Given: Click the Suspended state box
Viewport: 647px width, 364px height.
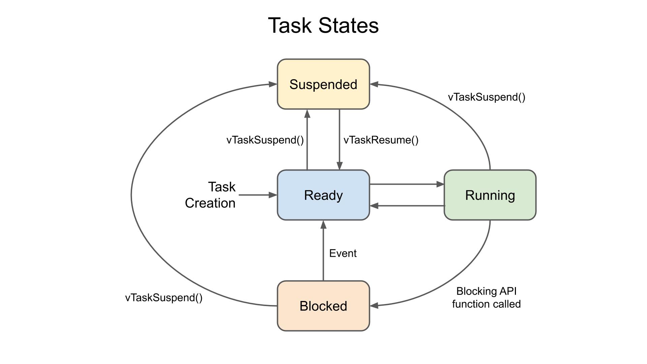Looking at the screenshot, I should [323, 84].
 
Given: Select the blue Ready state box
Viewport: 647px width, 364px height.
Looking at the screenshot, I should [323, 195].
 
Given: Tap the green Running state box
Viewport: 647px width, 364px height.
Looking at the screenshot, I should [490, 195].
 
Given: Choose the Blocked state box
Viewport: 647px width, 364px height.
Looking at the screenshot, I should [323, 306].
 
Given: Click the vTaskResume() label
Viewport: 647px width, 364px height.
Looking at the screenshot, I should [381, 140].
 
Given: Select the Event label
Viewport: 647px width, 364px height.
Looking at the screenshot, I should [343, 253].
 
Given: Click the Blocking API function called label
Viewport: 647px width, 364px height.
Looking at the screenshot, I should [486, 298].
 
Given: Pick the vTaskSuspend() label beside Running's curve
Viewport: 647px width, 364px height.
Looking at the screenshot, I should [486, 97].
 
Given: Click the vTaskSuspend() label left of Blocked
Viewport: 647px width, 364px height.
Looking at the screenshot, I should [164, 298].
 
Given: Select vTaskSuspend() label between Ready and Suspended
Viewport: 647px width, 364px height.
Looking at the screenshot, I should [265, 140].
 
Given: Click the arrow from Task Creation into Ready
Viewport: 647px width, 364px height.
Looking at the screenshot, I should [258, 195].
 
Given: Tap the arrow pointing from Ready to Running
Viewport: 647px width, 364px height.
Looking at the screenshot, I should [406, 184].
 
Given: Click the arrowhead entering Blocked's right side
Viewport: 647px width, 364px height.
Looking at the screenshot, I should [374, 306].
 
